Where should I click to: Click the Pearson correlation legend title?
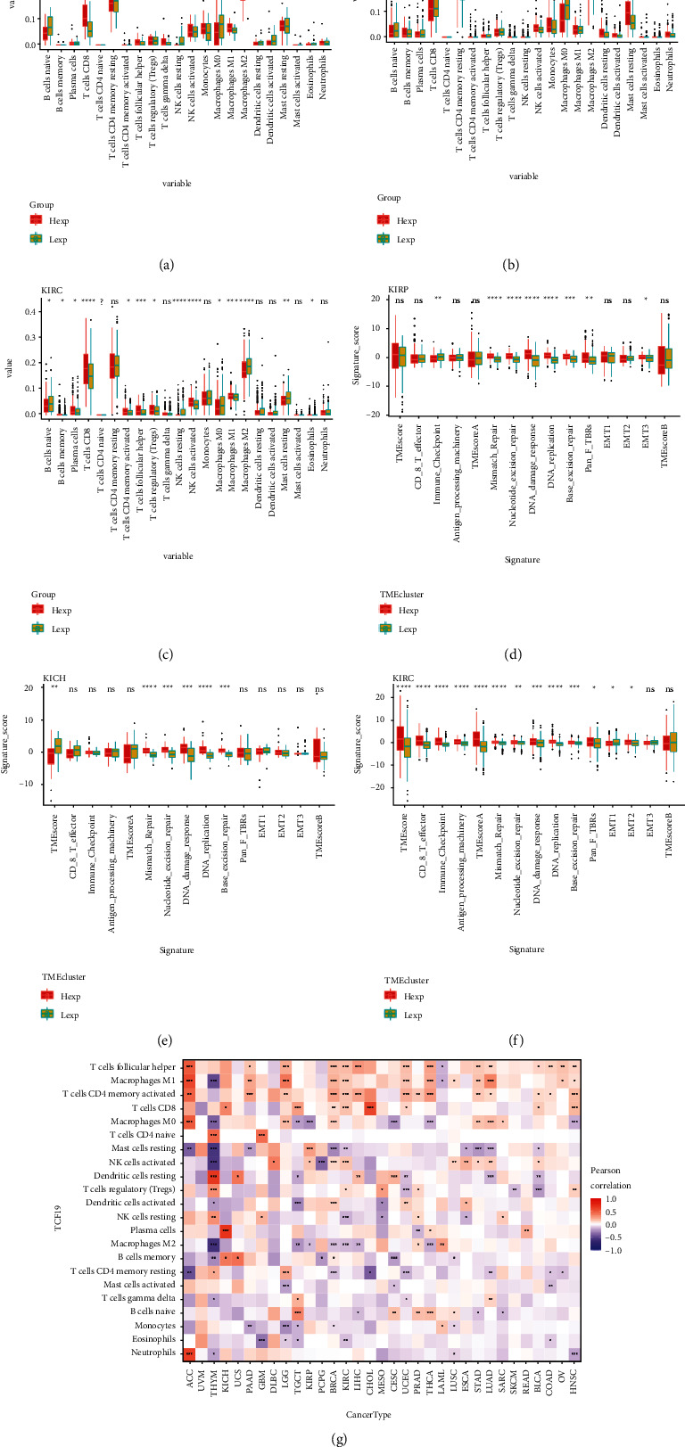(x=611, y=1180)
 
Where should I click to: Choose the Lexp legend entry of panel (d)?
(x=407, y=629)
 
